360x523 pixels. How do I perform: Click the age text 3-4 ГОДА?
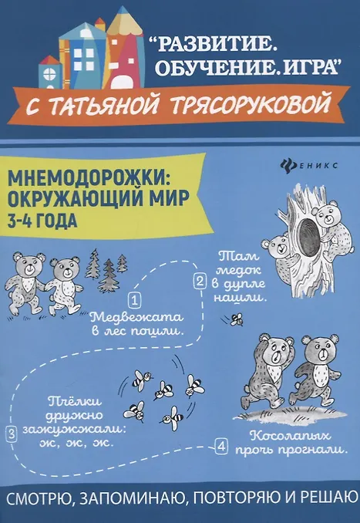pyautogui.click(x=42, y=221)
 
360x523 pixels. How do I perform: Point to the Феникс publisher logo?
pyautogui.click(x=309, y=165)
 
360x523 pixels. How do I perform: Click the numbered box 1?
pyautogui.click(x=134, y=301)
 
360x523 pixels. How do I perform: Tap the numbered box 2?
pyautogui.click(x=200, y=282)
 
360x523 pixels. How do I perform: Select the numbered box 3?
pyautogui.click(x=12, y=434)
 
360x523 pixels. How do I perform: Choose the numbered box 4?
pyautogui.click(x=221, y=447)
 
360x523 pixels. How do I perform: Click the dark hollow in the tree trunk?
pyautogui.click(x=308, y=236)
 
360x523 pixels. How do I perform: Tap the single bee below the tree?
pyautogui.click(x=236, y=319)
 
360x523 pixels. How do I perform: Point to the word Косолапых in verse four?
pyautogui.click(x=290, y=436)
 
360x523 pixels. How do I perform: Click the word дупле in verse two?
pyautogui.click(x=239, y=284)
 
